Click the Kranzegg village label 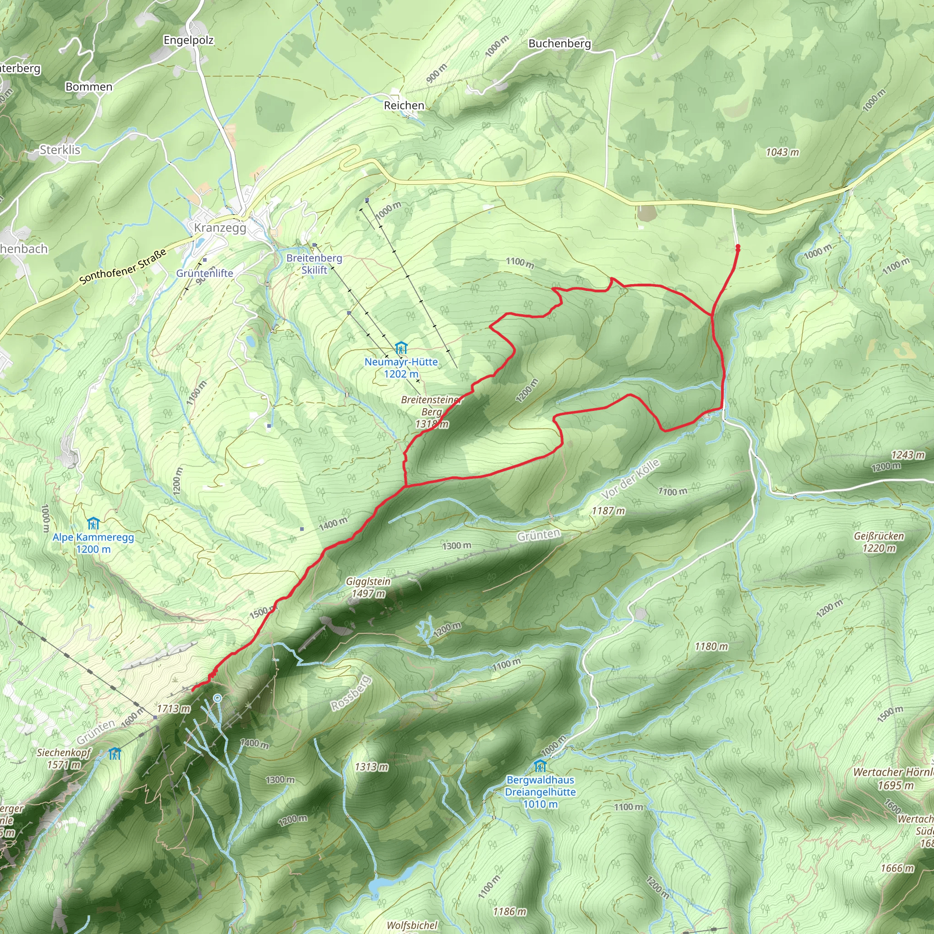[x=220, y=228]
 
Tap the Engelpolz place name [x=188, y=40]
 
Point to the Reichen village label [x=404, y=105]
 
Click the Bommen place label [x=89, y=87]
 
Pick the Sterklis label [x=60, y=150]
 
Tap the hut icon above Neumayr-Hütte [x=401, y=348]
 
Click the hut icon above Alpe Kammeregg [x=93, y=524]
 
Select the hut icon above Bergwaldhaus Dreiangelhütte [x=540, y=766]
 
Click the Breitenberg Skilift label [x=314, y=264]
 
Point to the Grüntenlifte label [x=204, y=273]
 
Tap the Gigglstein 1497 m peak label [x=368, y=587]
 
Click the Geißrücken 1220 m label [x=879, y=542]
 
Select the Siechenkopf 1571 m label [x=64, y=758]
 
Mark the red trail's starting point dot [x=738, y=248]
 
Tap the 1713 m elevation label [x=174, y=709]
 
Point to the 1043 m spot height [x=782, y=152]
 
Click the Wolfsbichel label [x=412, y=925]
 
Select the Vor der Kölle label [x=630, y=479]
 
